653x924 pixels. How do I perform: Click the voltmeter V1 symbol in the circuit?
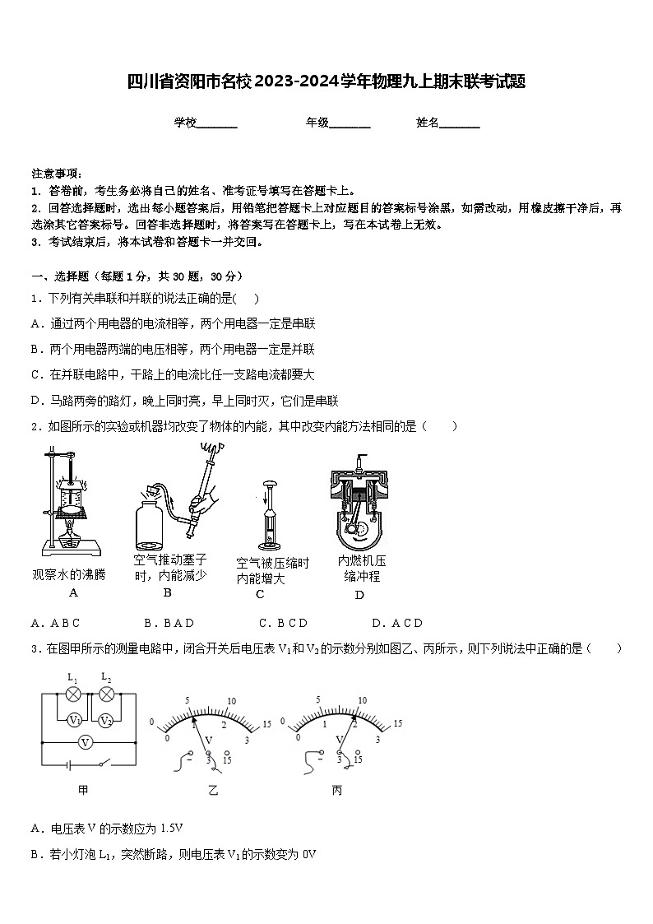coord(76,721)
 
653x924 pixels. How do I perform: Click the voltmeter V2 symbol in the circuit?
coord(105,721)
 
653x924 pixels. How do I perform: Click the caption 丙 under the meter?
coord(336,791)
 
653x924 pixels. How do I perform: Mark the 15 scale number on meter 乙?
coord(266,724)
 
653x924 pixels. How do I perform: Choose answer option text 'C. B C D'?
coord(282,623)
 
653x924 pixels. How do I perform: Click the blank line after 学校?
coord(217,123)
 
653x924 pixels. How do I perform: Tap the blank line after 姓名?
coord(460,123)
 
